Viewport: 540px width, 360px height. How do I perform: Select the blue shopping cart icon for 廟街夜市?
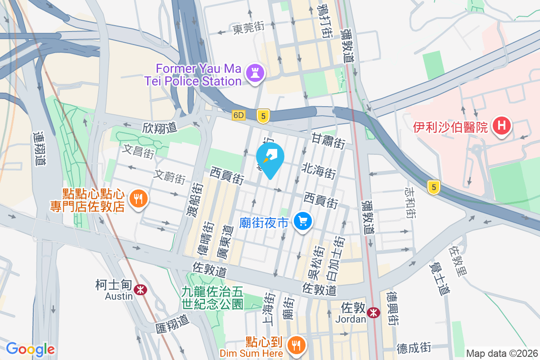303,222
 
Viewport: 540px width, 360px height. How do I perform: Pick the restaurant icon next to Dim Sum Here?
296,345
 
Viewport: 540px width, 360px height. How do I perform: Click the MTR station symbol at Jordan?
373,312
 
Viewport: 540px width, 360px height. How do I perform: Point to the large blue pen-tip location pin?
270,158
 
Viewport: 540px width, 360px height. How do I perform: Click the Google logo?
30,349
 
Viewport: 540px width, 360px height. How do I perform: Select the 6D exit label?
238,115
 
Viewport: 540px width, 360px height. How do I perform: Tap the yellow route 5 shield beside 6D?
263,116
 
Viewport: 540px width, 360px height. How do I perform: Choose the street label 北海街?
319,172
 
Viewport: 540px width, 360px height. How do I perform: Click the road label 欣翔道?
159,128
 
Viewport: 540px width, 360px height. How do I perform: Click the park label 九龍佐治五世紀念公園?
212,298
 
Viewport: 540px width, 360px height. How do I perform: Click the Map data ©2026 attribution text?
502,353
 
